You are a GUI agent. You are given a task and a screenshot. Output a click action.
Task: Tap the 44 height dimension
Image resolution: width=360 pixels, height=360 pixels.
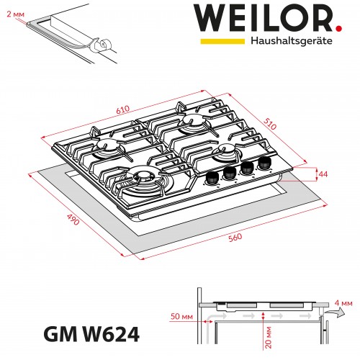coord(323,175)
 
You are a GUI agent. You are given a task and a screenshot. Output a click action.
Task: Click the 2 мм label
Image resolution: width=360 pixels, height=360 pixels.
coord(13,12)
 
